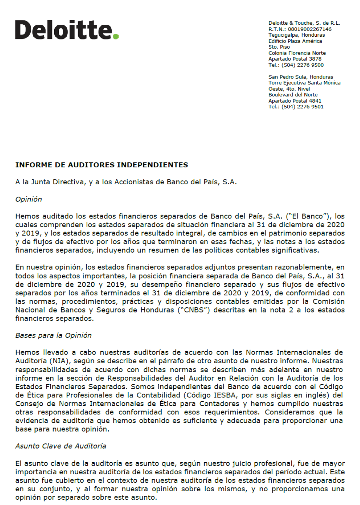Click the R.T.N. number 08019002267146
click(310, 29)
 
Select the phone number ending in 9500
click(303, 65)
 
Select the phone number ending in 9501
click(303, 107)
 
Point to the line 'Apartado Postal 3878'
click(295, 59)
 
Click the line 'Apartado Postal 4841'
click(295, 101)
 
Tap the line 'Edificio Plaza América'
click(295, 41)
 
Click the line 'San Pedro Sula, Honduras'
click(300, 77)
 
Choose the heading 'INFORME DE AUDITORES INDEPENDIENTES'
click(101, 165)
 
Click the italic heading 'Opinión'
click(29, 199)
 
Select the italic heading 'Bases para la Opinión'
click(53, 335)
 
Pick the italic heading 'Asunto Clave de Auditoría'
click(61, 446)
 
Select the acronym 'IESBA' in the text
click(225, 395)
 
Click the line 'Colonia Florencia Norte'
click(297, 53)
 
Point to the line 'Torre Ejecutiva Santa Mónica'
click(304, 83)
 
